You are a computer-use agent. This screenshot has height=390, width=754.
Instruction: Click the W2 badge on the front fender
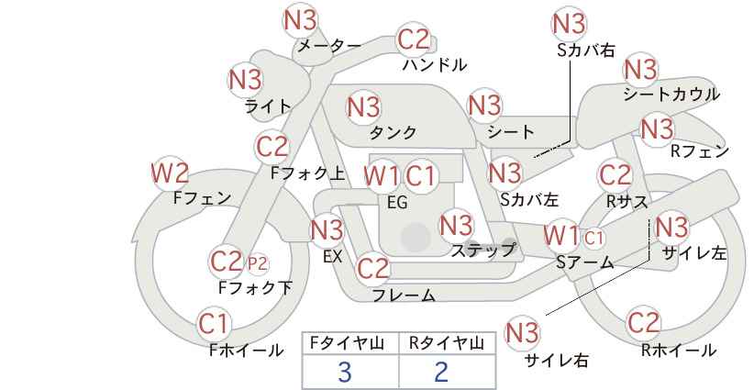pyautogui.click(x=169, y=174)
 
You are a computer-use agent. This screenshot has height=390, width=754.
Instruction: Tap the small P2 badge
pyautogui.click(x=258, y=263)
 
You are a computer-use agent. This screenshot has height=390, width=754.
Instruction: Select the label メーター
pyautogui.click(x=329, y=46)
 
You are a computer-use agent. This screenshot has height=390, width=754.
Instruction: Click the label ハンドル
pyautogui.click(x=435, y=64)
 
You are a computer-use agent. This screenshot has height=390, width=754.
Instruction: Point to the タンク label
pyautogui.click(x=393, y=132)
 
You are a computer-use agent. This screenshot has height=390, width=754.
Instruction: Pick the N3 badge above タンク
pyautogui.click(x=363, y=106)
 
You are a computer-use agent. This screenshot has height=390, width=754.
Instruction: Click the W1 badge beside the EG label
pyautogui.click(x=382, y=176)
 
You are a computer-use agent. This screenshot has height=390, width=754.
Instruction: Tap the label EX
pyautogui.click(x=332, y=256)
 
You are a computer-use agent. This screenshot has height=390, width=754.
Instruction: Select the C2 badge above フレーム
pyautogui.click(x=372, y=268)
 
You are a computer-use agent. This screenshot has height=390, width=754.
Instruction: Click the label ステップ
pyautogui.click(x=482, y=251)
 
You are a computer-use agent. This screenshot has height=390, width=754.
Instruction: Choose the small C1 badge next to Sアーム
pyautogui.click(x=593, y=237)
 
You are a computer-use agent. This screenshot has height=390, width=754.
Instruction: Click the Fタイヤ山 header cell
pyautogui.click(x=350, y=343)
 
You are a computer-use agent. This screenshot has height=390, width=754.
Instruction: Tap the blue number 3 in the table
pyautogui.click(x=345, y=372)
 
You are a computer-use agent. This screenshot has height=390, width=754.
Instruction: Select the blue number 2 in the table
pyautogui.click(x=441, y=372)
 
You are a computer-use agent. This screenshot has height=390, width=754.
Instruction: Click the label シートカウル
pyautogui.click(x=671, y=95)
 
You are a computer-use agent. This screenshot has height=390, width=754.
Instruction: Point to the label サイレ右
pyautogui.click(x=557, y=360)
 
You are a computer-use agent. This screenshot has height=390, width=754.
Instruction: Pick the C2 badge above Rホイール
pyautogui.click(x=643, y=322)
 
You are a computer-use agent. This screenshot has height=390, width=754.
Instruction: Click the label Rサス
pyautogui.click(x=627, y=202)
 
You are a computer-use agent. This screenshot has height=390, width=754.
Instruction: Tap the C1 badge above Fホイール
pyautogui.click(x=214, y=324)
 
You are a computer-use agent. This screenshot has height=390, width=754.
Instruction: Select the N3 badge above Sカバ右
pyautogui.click(x=570, y=24)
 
